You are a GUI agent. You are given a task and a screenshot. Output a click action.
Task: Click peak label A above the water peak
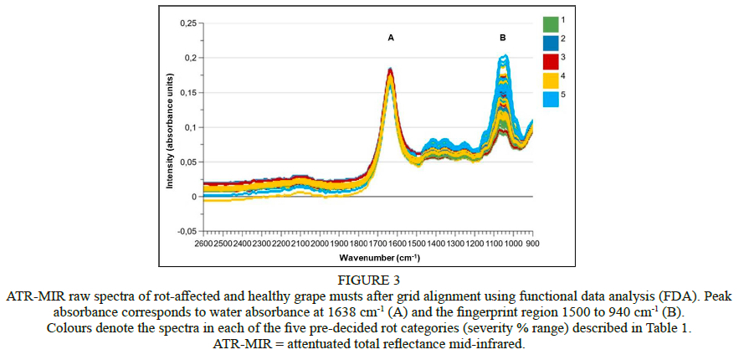(x=390, y=39)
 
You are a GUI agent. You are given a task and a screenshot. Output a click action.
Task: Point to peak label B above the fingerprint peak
(x=502, y=39)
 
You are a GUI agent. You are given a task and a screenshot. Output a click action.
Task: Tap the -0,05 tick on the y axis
(x=187, y=231)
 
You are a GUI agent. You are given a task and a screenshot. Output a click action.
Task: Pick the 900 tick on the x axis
(x=532, y=244)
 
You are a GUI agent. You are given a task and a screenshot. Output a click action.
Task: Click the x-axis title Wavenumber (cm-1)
(x=368, y=257)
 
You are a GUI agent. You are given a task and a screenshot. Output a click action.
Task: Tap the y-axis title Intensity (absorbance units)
(x=170, y=126)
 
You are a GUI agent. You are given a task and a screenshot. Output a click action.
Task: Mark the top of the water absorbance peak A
(x=390, y=69)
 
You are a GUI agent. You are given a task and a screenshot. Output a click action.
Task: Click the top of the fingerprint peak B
(x=503, y=56)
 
